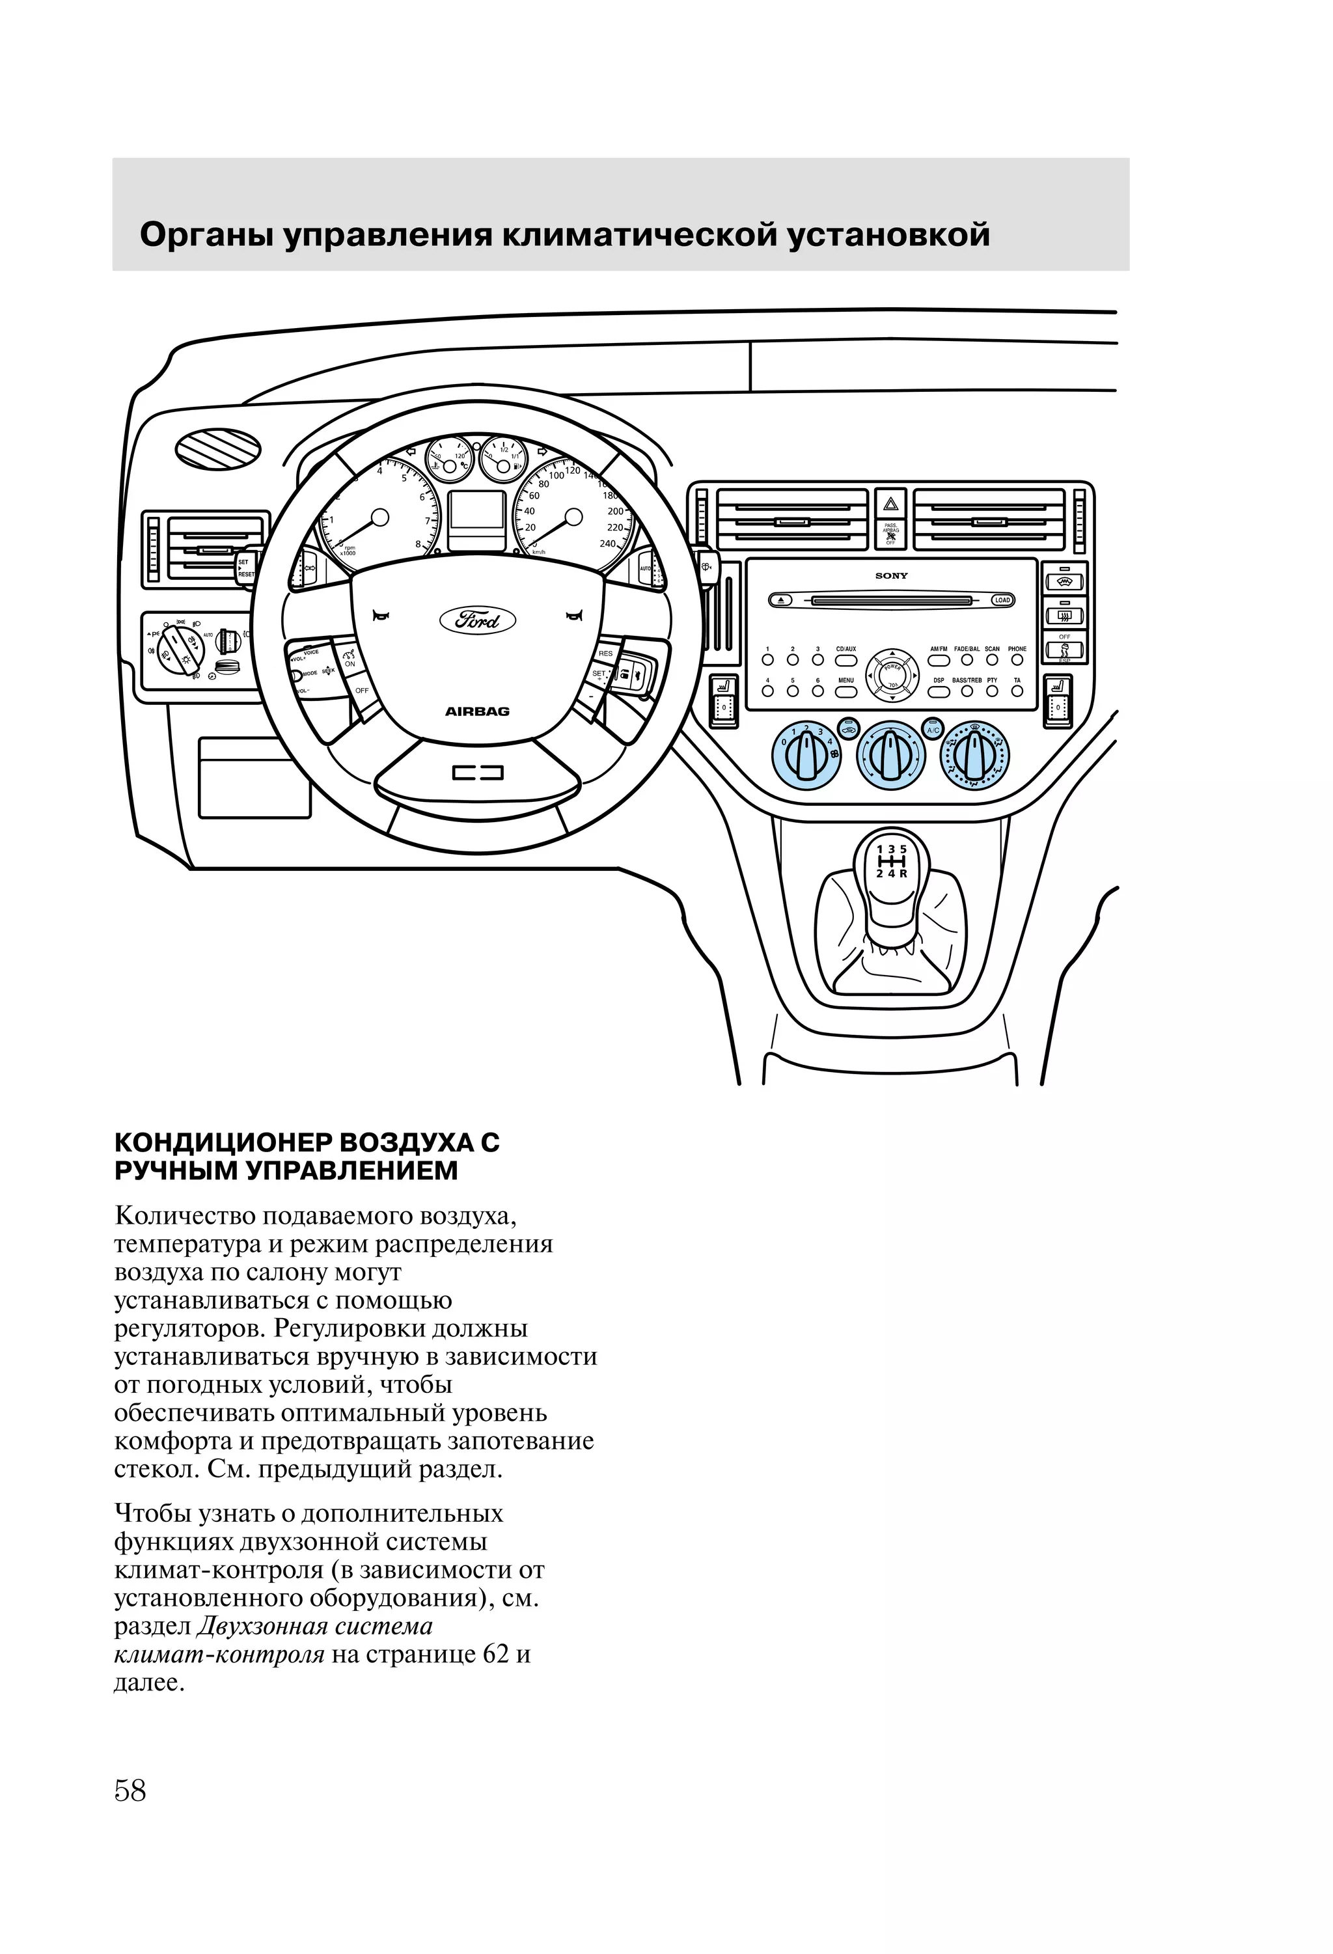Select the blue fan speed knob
point(806,754)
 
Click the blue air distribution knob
point(975,754)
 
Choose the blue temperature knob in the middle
point(890,754)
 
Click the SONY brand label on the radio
point(890,576)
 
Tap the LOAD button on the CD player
point(1002,600)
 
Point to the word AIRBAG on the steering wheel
point(477,711)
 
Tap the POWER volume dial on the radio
point(892,672)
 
